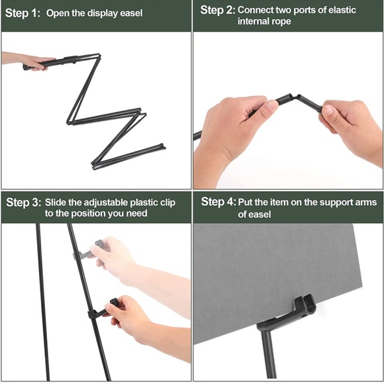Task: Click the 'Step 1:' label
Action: (23, 13)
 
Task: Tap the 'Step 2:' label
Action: (218, 10)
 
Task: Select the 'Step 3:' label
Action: (24, 203)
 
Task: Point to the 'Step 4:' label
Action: (218, 202)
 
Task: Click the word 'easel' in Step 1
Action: (131, 13)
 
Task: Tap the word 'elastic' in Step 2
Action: (342, 10)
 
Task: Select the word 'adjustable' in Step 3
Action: (106, 203)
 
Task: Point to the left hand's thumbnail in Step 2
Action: (271, 105)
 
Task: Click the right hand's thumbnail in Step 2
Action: (328, 110)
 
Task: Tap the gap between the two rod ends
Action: (295, 96)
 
